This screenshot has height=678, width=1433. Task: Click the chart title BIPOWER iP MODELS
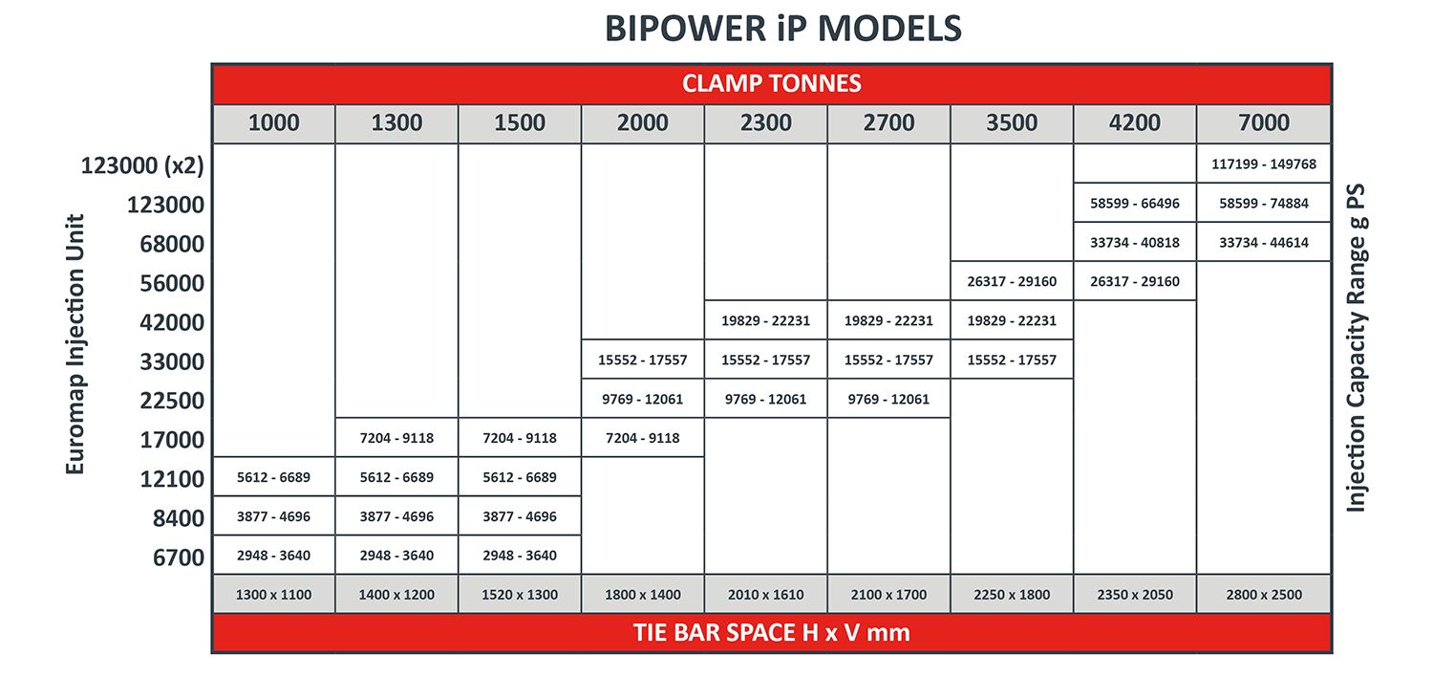pyautogui.click(x=783, y=29)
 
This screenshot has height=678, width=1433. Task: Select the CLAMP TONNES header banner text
pyautogui.click(x=772, y=83)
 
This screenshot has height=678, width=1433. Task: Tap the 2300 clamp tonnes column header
pyautogui.click(x=766, y=122)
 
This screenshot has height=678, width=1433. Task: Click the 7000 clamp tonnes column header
pyautogui.click(x=1264, y=122)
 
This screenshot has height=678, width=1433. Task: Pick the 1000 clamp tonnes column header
pyautogui.click(x=274, y=122)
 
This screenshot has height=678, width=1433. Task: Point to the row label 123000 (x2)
pyautogui.click(x=142, y=165)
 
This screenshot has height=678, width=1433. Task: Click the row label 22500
pyautogui.click(x=172, y=400)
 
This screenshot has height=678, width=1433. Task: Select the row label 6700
pyautogui.click(x=179, y=557)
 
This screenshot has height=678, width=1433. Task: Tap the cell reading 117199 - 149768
pyautogui.click(x=1264, y=164)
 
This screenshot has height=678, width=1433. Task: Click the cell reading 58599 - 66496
pyautogui.click(x=1134, y=203)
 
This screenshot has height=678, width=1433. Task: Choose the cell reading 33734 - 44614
pyautogui.click(x=1264, y=242)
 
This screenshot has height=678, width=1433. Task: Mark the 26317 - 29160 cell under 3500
pyautogui.click(x=1012, y=281)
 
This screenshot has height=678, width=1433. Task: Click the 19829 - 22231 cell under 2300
pyautogui.click(x=766, y=320)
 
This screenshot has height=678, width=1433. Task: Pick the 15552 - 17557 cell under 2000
pyautogui.click(x=642, y=360)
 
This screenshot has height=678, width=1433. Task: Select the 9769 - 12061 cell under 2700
pyautogui.click(x=888, y=399)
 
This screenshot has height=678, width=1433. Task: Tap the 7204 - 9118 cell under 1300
pyautogui.click(x=396, y=438)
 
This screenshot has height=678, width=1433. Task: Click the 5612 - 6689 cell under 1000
pyautogui.click(x=274, y=477)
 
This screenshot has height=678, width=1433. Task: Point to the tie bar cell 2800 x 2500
pyautogui.click(x=1264, y=594)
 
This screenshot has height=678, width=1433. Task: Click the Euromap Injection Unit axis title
pyautogui.click(x=75, y=344)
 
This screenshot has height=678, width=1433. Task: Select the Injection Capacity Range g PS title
pyautogui.click(x=1356, y=348)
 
